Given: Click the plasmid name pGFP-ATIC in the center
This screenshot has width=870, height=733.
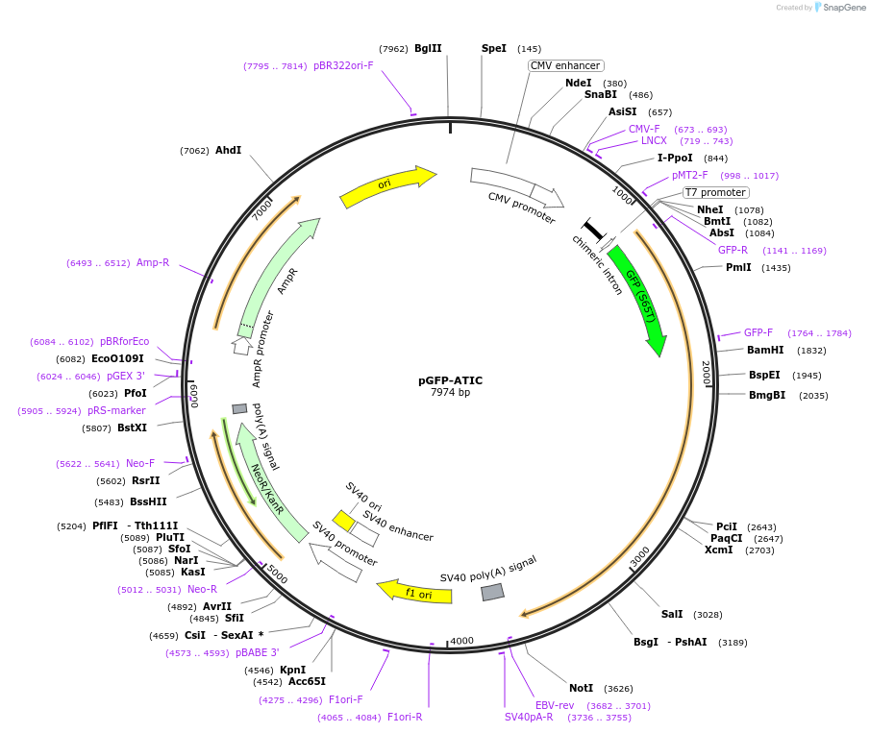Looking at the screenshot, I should pos(450,380).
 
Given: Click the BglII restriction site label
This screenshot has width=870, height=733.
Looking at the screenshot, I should pos(428,48).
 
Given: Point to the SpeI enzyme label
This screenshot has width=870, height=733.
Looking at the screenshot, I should pos(493,48).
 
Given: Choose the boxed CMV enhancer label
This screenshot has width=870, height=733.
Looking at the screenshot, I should pos(565,65).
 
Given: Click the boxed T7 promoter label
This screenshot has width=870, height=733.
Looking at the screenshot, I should pos(715,192).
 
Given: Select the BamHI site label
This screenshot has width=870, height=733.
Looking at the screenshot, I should pos(765,350).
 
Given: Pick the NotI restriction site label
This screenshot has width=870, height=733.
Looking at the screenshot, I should pos(581,688).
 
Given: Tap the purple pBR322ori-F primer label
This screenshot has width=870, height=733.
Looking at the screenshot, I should pos(343,65).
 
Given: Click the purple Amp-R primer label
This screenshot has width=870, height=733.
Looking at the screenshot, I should pos(153,262).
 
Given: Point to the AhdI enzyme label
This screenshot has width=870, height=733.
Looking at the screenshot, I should pos(228,150).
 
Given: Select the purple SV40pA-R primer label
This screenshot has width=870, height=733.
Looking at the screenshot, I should pos(529,717).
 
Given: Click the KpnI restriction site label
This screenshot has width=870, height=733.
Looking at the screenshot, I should pos(292,670).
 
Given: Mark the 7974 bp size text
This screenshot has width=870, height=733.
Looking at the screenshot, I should pos(450,393).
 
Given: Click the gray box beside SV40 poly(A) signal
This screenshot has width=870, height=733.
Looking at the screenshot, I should pos(492,592).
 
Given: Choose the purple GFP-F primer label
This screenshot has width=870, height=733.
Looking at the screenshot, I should pos(758,332).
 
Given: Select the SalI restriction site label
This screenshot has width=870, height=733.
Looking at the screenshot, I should pos(672,614).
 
